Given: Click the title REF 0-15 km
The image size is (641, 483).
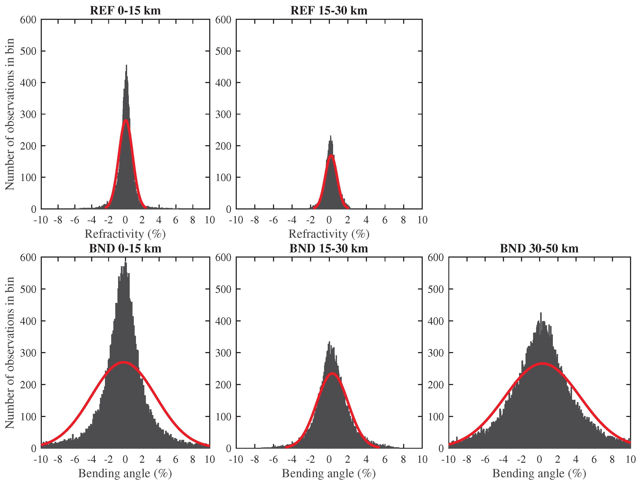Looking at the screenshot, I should click(x=125, y=11).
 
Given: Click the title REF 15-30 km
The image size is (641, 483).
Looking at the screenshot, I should click(x=329, y=11).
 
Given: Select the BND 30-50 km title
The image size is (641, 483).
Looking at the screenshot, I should click(x=539, y=249).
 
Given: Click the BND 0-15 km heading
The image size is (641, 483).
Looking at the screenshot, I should click(x=125, y=249).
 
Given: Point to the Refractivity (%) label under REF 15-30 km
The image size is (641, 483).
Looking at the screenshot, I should click(x=329, y=234).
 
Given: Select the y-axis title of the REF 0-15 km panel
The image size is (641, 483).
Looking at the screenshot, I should click(x=9, y=114).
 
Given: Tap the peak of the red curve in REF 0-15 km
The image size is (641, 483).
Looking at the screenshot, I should click(x=125, y=120).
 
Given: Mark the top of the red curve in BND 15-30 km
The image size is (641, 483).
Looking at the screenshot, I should click(x=332, y=374).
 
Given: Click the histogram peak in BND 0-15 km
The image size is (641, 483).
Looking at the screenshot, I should click(x=125, y=262).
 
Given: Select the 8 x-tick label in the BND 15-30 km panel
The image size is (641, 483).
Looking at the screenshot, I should click(x=403, y=459).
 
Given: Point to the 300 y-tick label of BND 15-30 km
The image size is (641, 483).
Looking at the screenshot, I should click(x=223, y=353).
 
